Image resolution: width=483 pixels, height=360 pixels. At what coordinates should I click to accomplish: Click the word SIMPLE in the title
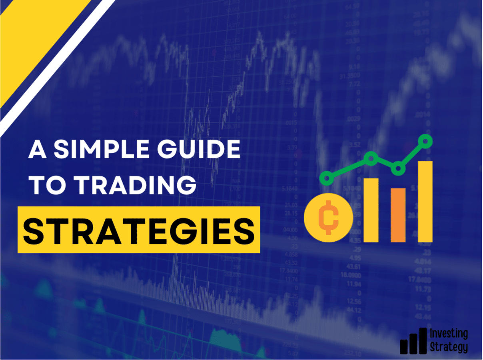pyautogui.click(x=102, y=149)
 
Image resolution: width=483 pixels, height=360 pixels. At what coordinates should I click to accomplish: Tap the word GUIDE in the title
pyautogui.click(x=199, y=149)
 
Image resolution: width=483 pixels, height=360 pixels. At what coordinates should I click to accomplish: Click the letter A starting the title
pyautogui.click(x=38, y=149)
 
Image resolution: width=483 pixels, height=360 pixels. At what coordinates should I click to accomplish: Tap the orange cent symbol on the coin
pyautogui.click(x=328, y=218)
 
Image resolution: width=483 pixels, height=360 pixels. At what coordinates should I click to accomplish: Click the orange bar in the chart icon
pyautogui.click(x=398, y=215)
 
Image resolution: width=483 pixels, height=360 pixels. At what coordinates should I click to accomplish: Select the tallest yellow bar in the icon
pyautogui.click(x=425, y=202)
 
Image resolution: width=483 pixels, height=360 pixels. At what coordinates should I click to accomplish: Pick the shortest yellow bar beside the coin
pyautogui.click(x=371, y=210)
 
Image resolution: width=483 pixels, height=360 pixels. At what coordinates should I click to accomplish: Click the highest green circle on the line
pyautogui.click(x=425, y=141)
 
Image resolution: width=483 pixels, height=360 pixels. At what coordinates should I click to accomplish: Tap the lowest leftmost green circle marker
pyautogui.click(x=327, y=178)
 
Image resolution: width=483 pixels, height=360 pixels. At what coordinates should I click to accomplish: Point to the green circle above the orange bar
pyautogui.click(x=398, y=168)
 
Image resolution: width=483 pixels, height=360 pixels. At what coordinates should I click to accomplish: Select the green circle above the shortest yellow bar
pyautogui.click(x=371, y=158)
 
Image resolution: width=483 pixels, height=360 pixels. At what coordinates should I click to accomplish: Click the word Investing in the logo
pyautogui.click(x=449, y=334)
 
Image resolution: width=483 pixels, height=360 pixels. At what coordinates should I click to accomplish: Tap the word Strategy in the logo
pyautogui.click(x=449, y=348)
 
